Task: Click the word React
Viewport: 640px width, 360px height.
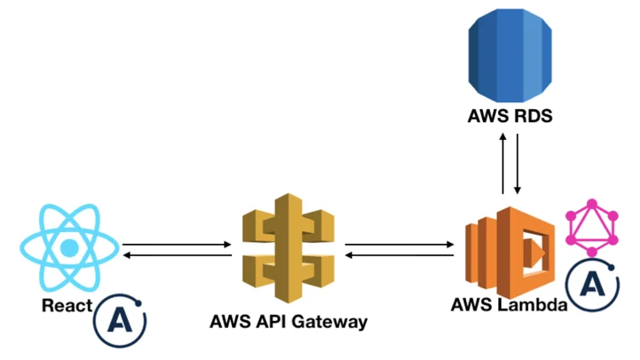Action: tap(67, 305)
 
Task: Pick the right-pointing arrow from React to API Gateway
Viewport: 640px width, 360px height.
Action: tap(177, 245)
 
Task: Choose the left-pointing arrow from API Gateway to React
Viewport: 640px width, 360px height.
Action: tap(177, 255)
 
